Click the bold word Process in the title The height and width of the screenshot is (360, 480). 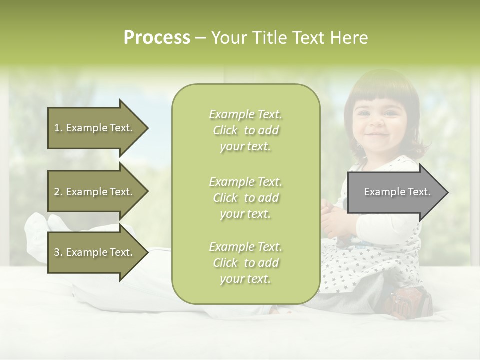click(x=157, y=38)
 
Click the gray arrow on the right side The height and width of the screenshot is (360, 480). click(x=397, y=192)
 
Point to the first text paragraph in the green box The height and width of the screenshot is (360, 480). click(x=245, y=130)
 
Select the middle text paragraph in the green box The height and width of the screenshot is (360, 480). click(x=245, y=198)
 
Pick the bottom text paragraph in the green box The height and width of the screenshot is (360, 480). click(x=245, y=263)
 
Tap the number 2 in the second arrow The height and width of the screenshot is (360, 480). click(x=56, y=192)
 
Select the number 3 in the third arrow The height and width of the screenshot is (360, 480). click(x=56, y=252)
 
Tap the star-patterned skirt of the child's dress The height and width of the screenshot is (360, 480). click(x=350, y=265)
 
